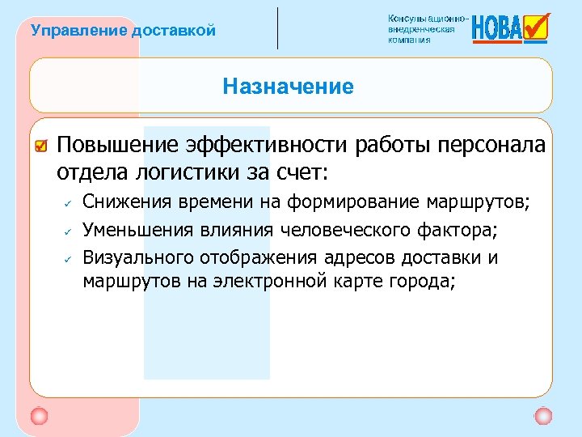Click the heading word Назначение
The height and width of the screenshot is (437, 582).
289,87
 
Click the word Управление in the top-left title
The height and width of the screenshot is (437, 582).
67,32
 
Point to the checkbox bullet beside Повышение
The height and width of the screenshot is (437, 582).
42,146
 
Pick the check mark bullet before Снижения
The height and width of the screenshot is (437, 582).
70,203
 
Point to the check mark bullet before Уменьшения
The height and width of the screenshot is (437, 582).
70,231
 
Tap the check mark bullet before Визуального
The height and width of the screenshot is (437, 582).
70,259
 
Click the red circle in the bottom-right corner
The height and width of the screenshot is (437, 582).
543,416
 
